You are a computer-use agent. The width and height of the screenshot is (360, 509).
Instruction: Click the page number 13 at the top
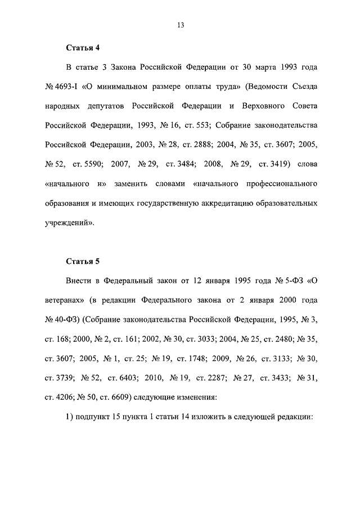point(180,25)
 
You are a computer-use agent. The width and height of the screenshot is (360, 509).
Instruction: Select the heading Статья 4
point(82,48)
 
